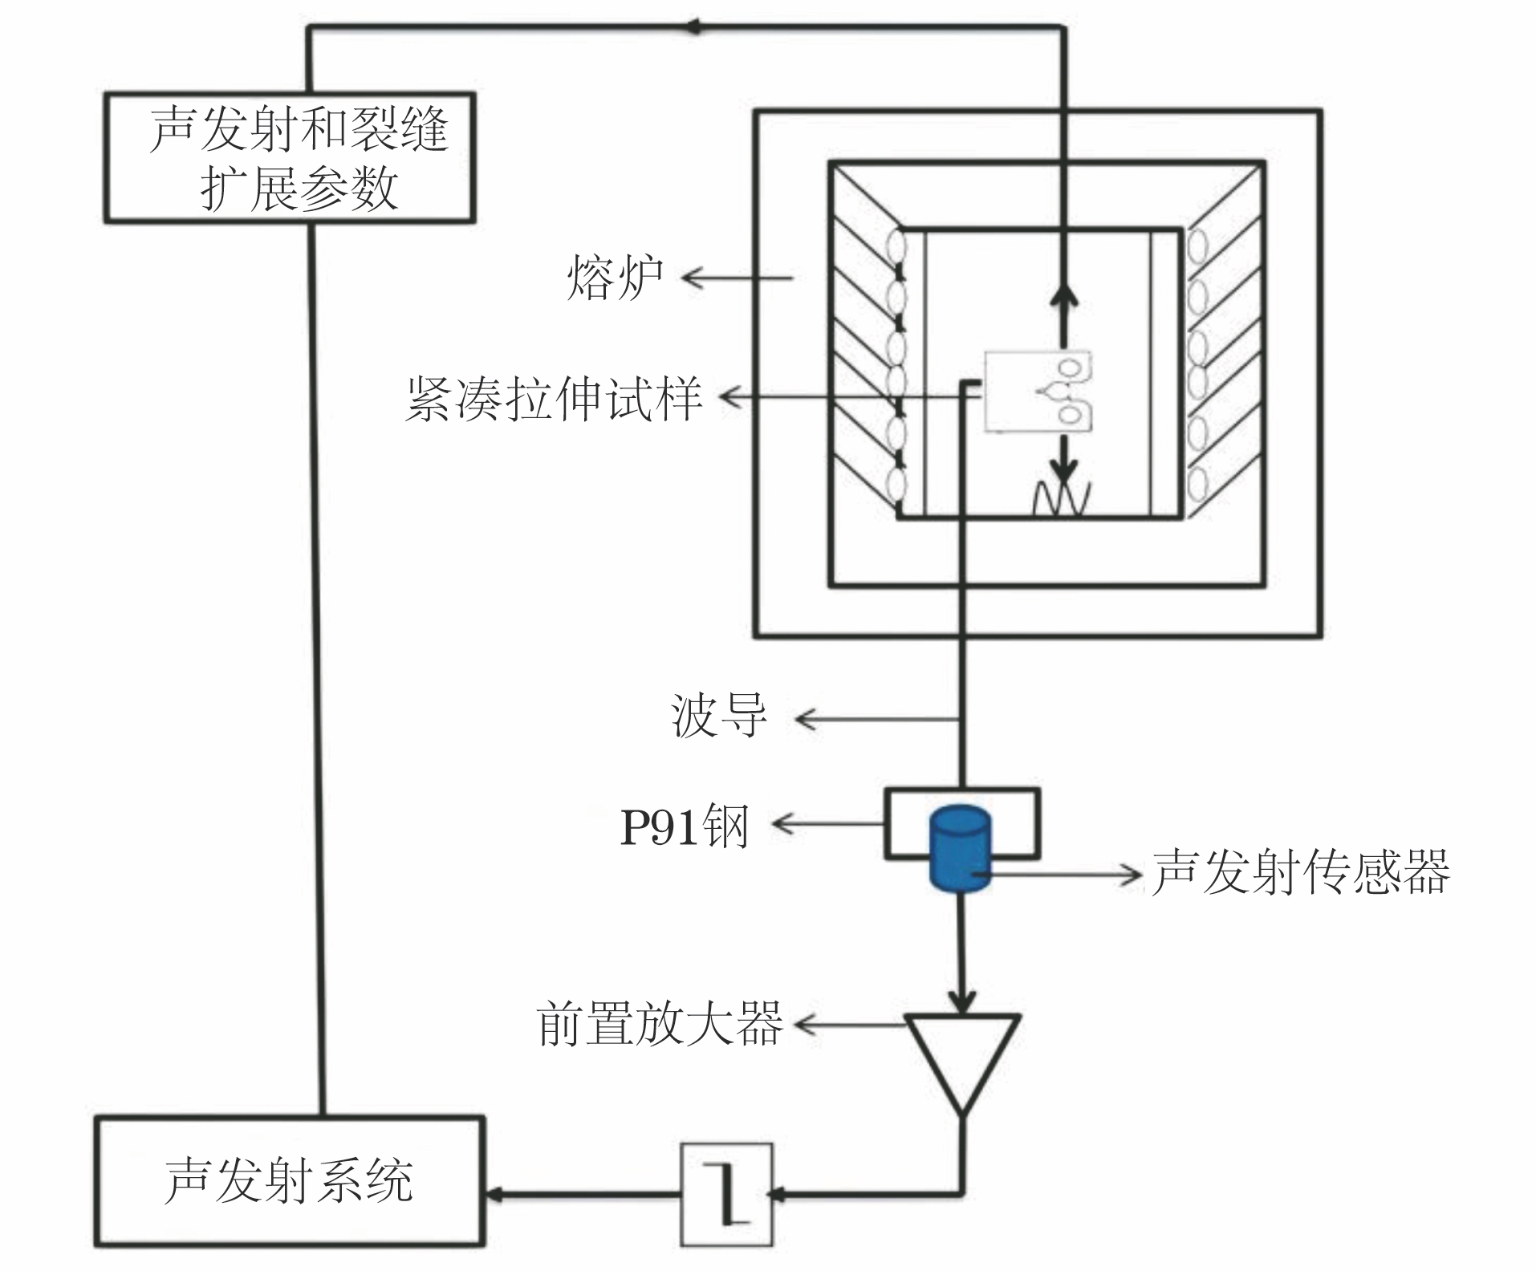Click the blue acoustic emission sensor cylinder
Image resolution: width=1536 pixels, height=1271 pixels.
click(x=960, y=848)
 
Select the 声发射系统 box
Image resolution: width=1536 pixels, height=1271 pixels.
click(x=289, y=1180)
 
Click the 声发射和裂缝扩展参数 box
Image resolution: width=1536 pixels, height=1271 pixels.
click(x=289, y=157)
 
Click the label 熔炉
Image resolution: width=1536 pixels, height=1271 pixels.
click(x=615, y=278)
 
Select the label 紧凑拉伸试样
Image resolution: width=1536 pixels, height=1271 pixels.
click(x=554, y=398)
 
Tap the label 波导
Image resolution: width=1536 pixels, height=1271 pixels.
click(x=718, y=717)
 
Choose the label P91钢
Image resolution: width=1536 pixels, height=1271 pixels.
click(x=685, y=826)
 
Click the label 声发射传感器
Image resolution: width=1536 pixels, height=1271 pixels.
click(x=1301, y=873)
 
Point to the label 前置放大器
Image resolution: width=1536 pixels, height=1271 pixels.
click(x=659, y=1024)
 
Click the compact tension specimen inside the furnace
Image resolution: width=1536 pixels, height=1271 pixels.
click(x=1037, y=392)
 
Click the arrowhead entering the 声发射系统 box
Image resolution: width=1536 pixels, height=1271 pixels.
click(x=494, y=1195)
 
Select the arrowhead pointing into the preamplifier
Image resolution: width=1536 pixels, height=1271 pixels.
click(x=962, y=1001)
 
